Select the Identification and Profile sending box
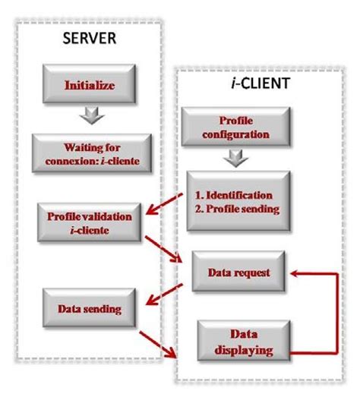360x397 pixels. [x=237, y=196]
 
